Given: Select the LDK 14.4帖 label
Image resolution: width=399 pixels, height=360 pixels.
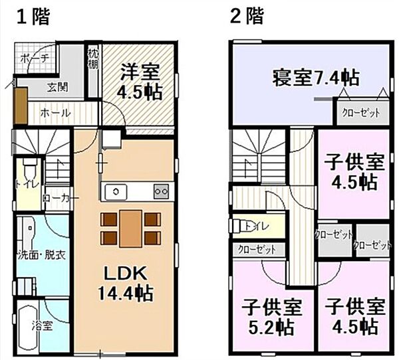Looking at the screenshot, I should click(x=127, y=282).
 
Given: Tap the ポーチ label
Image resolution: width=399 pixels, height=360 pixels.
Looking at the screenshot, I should click(x=35, y=58).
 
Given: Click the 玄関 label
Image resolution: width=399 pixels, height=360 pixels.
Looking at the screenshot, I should click(x=56, y=86).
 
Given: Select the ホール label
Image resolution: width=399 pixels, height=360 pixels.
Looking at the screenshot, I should click(x=55, y=113).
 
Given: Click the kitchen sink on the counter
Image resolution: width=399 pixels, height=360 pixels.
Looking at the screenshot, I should click(x=116, y=191).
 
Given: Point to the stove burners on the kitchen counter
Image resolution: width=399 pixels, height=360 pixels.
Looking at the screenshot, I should click(x=160, y=191).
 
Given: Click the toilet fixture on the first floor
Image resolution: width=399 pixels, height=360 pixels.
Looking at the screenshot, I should click(x=29, y=167).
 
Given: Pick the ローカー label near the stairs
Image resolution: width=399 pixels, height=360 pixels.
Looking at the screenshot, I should click(x=56, y=197).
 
